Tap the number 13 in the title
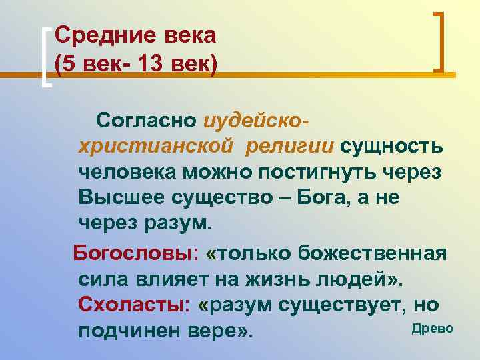click(x=151, y=65)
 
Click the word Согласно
click(x=146, y=121)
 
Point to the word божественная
click(x=372, y=254)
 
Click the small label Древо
click(x=433, y=327)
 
